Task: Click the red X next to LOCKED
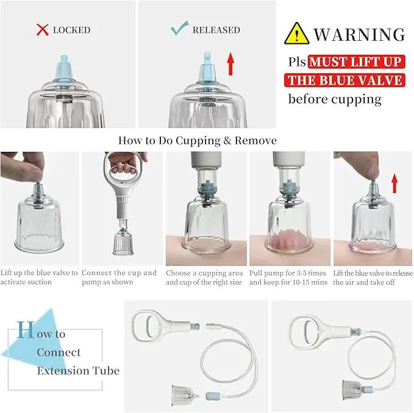[x=42, y=30]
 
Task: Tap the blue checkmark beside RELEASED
[x=179, y=28]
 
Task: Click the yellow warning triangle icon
[x=296, y=34]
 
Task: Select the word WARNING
[x=359, y=34]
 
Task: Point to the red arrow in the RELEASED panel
[x=230, y=63]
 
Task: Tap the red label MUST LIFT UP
[x=356, y=62]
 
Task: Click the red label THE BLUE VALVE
[x=345, y=81]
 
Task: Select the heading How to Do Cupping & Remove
[x=197, y=140]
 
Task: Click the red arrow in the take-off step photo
[x=394, y=183]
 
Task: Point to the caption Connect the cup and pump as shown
[x=119, y=277]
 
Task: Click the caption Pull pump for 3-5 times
[x=288, y=273]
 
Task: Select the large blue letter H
[x=26, y=329]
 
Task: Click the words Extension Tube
[x=78, y=370]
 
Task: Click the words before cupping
[x=335, y=99]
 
